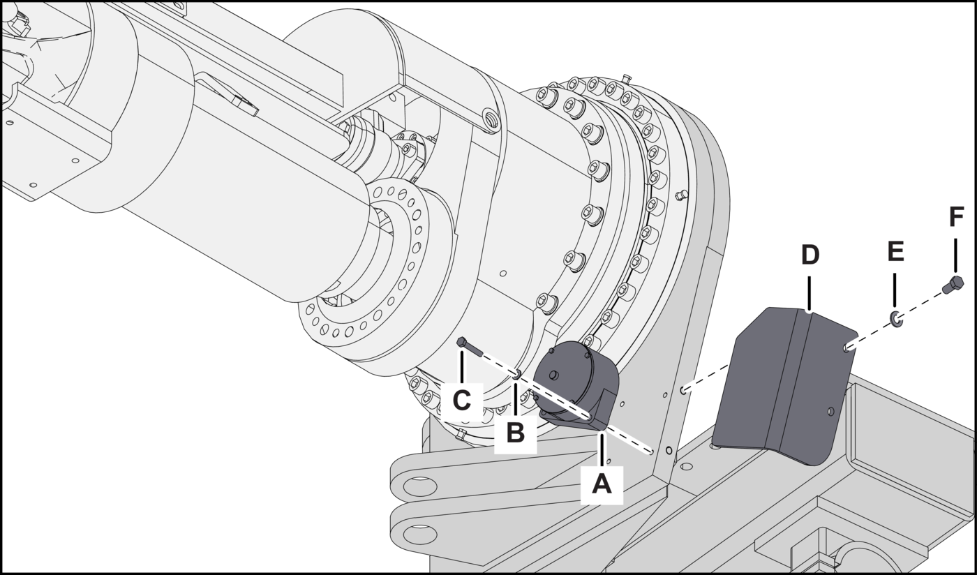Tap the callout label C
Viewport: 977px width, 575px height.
(x=462, y=401)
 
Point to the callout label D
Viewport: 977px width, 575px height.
(x=810, y=255)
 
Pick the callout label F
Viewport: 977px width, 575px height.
(x=955, y=218)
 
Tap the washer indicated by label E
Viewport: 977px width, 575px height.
(x=896, y=320)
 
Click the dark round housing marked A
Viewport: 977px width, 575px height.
(x=576, y=384)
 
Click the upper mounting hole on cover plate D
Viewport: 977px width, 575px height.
(x=846, y=346)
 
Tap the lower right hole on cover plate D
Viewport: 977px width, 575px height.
(x=830, y=411)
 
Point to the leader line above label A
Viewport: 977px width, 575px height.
(x=602, y=449)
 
